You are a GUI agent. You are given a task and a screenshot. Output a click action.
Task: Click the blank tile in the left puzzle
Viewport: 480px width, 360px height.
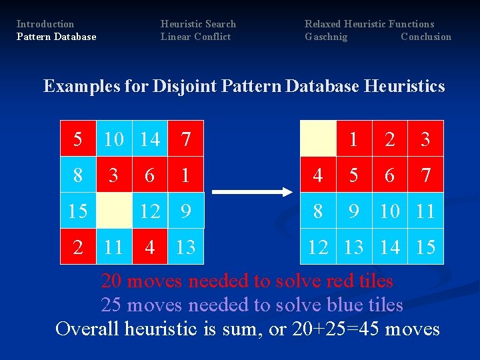[x=114, y=211]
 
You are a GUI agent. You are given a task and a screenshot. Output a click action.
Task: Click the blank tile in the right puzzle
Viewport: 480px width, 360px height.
[x=318, y=139]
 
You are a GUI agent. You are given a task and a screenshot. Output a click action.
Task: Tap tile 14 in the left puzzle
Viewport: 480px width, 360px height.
[x=150, y=139]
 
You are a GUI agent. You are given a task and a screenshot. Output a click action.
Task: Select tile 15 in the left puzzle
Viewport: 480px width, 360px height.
[x=78, y=211]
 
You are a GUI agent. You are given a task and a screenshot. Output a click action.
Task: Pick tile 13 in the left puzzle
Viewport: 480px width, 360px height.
[x=185, y=247]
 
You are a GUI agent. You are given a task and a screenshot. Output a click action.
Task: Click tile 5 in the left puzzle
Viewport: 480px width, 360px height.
[x=78, y=139]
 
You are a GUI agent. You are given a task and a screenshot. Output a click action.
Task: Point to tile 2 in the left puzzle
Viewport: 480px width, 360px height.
[x=78, y=247]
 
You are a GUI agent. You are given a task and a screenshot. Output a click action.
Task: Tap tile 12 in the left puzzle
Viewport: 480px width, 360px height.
[x=150, y=211]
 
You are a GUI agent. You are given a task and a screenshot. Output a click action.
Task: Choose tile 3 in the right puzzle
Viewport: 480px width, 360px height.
[x=425, y=139]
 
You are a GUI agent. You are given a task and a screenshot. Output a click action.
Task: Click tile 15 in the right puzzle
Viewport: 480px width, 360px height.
[x=425, y=247]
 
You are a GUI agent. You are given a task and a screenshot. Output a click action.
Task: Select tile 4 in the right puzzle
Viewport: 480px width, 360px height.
[x=318, y=175]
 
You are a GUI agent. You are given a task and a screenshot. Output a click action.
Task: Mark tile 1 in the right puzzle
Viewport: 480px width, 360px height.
[x=354, y=139]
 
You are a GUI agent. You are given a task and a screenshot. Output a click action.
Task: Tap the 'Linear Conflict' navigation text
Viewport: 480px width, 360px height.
[x=195, y=37]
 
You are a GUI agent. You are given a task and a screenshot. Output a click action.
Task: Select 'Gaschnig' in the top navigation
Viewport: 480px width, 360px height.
[x=326, y=37]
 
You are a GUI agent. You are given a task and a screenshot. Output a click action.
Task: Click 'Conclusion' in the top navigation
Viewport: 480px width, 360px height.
[x=425, y=37]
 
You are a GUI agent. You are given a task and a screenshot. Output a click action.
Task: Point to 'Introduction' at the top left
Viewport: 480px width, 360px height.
[x=45, y=24]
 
